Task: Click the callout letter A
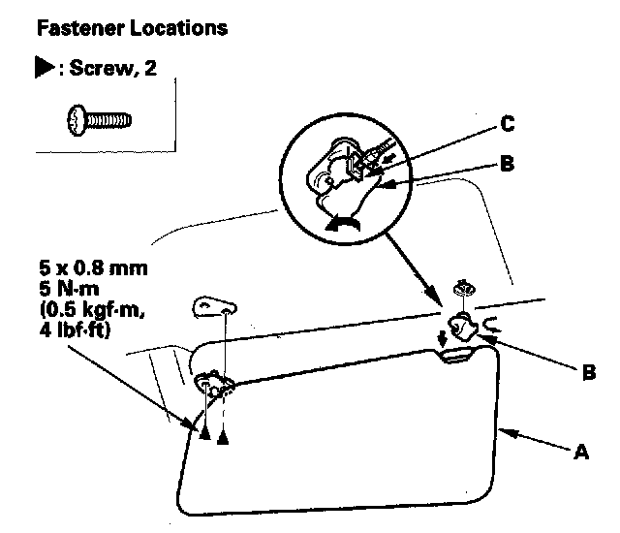[581, 451]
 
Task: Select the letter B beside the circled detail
[506, 164]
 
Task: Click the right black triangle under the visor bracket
[225, 437]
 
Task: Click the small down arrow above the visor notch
[443, 338]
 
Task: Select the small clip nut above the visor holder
[464, 289]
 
